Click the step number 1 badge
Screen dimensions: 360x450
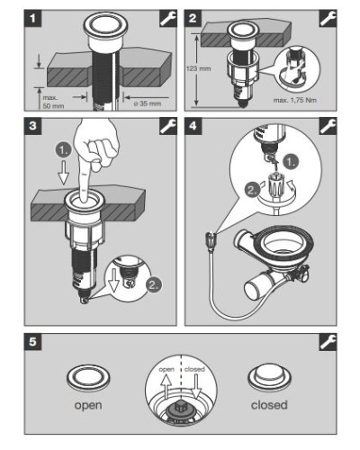[x=32, y=18]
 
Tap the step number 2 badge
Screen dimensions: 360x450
[x=193, y=18]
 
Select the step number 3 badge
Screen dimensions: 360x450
[x=32, y=126]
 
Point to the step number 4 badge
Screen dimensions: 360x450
[x=193, y=126]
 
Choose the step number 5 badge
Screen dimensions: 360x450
[x=32, y=342]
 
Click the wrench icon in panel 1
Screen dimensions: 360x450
[x=168, y=19]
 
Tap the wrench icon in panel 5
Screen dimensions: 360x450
[x=328, y=342]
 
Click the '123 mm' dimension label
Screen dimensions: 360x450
[x=198, y=68]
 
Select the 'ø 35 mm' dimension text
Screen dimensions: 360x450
[x=147, y=103]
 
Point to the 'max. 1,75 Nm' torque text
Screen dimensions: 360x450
[x=294, y=100]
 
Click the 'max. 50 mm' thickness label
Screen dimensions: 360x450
[x=53, y=102]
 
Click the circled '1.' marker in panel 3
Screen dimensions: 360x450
[x=63, y=150]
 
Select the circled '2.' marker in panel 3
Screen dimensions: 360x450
[x=154, y=285]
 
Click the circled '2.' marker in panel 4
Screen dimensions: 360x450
[x=253, y=190]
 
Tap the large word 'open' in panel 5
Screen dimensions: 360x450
[x=88, y=406]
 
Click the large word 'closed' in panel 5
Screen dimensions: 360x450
[x=269, y=405]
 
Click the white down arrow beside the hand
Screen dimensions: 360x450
[x=63, y=173]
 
